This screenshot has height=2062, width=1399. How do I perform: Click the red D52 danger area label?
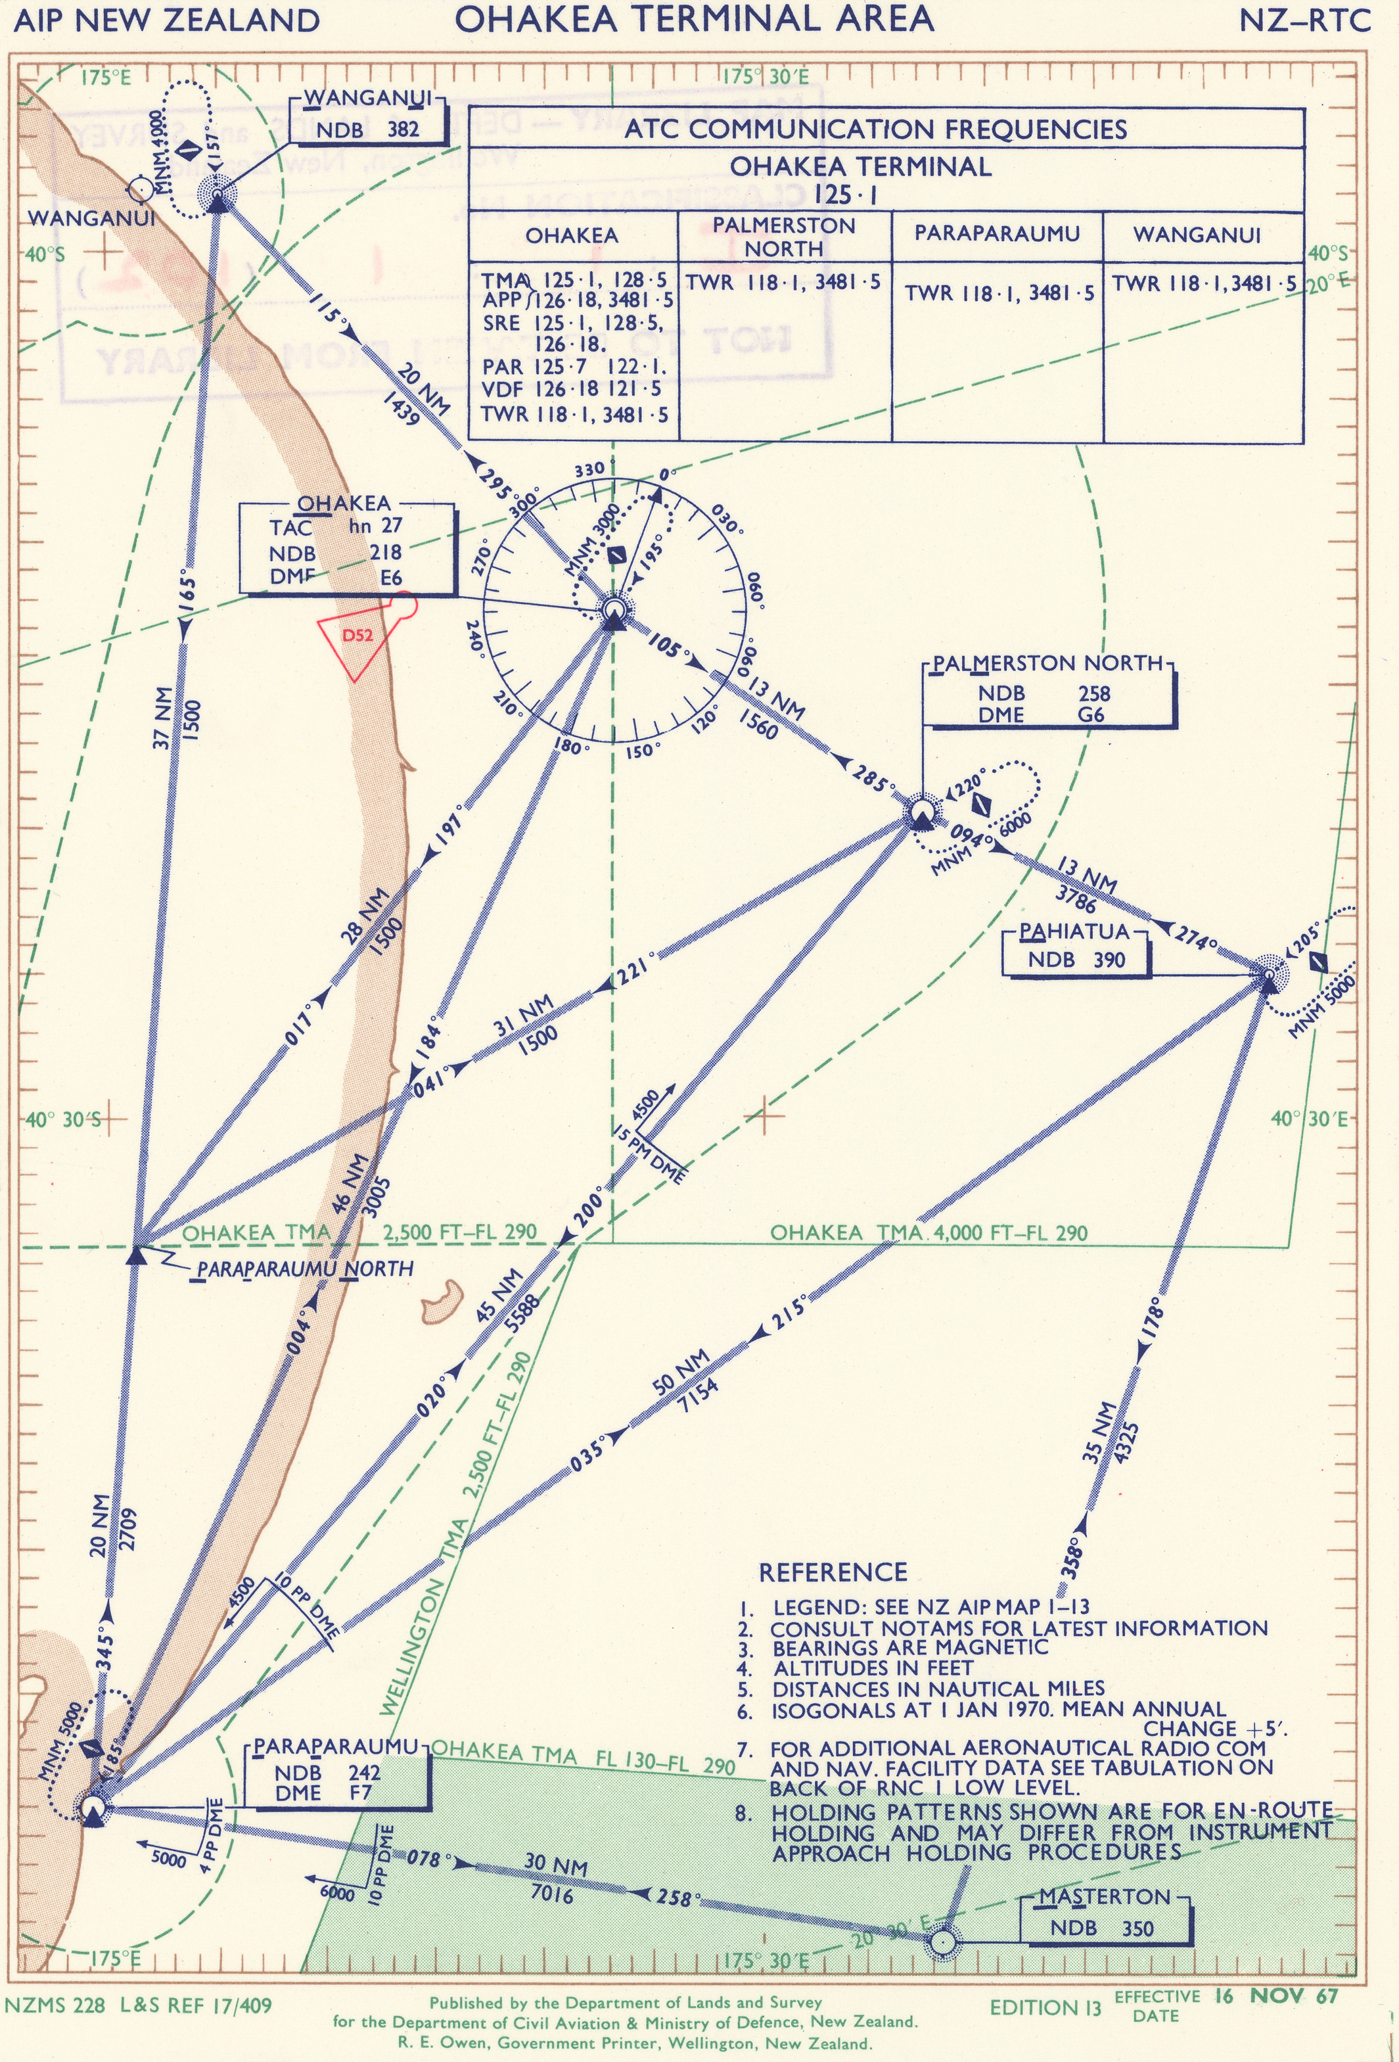coord(357,636)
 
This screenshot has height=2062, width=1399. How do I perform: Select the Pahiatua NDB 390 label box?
coord(1074,949)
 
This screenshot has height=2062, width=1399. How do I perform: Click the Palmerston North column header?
coord(783,237)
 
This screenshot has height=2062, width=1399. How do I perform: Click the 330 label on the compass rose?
coord(589,469)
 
